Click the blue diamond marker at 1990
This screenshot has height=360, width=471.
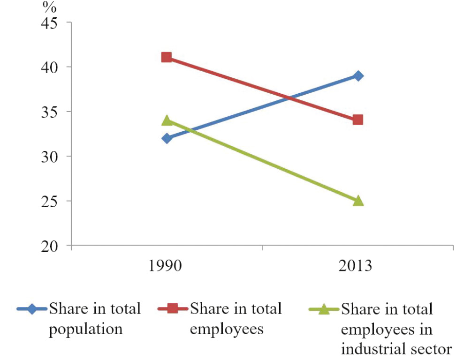(167, 138)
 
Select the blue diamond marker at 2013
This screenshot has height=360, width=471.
(358, 76)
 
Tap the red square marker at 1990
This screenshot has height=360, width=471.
(167, 57)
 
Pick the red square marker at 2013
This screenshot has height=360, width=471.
(358, 120)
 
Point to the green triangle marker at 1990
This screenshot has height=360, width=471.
(167, 120)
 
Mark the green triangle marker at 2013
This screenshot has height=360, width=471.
(358, 201)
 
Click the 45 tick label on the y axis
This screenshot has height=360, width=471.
(53, 22)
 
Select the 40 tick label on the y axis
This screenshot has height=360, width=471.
(53, 67)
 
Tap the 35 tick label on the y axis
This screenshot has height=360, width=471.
(53, 112)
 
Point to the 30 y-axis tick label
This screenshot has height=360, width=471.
(53, 156)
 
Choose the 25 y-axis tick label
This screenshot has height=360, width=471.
(53, 201)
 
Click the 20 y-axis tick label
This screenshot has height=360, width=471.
(53, 246)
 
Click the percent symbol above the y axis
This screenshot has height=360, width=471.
(48, 6)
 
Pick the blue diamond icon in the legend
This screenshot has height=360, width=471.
(32, 309)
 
